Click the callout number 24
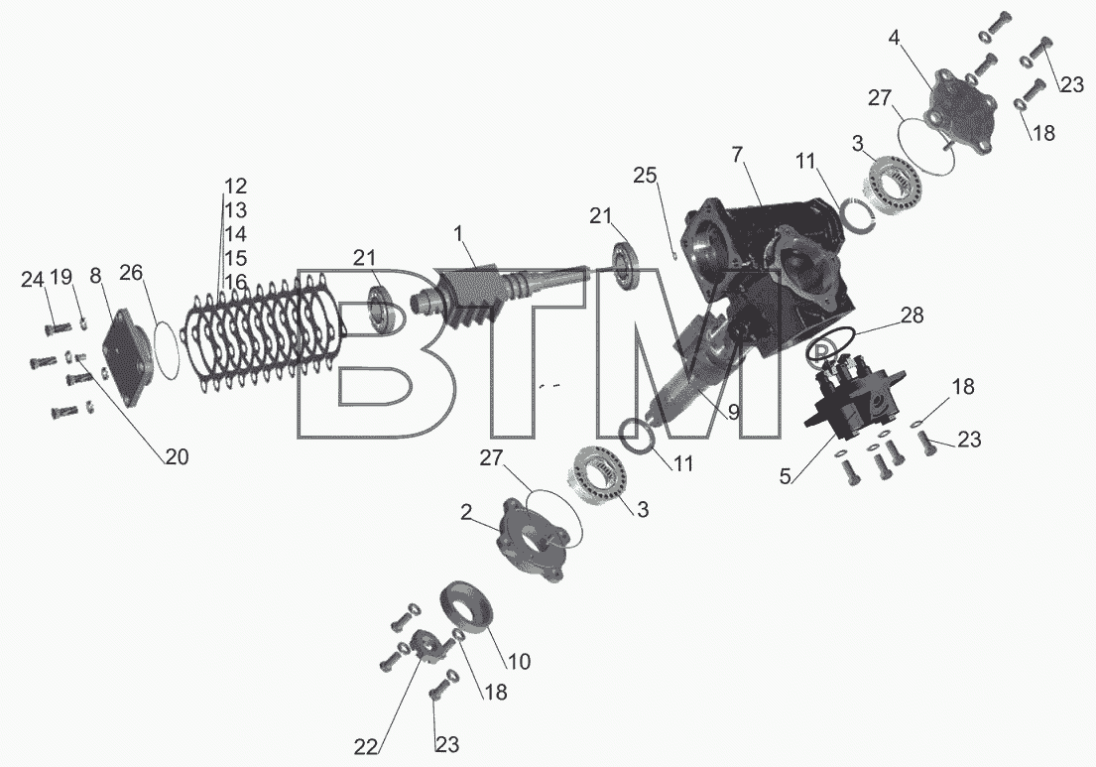pos(32,280)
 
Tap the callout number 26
pos(130,272)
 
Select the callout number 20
pos(177,456)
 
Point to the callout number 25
pos(645,175)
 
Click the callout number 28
pos(912,316)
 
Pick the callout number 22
pos(366,747)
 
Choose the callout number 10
pos(520,661)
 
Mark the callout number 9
pos(733,413)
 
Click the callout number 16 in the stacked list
pos(235,283)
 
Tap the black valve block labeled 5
pos(853,399)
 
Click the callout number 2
pos(466,512)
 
